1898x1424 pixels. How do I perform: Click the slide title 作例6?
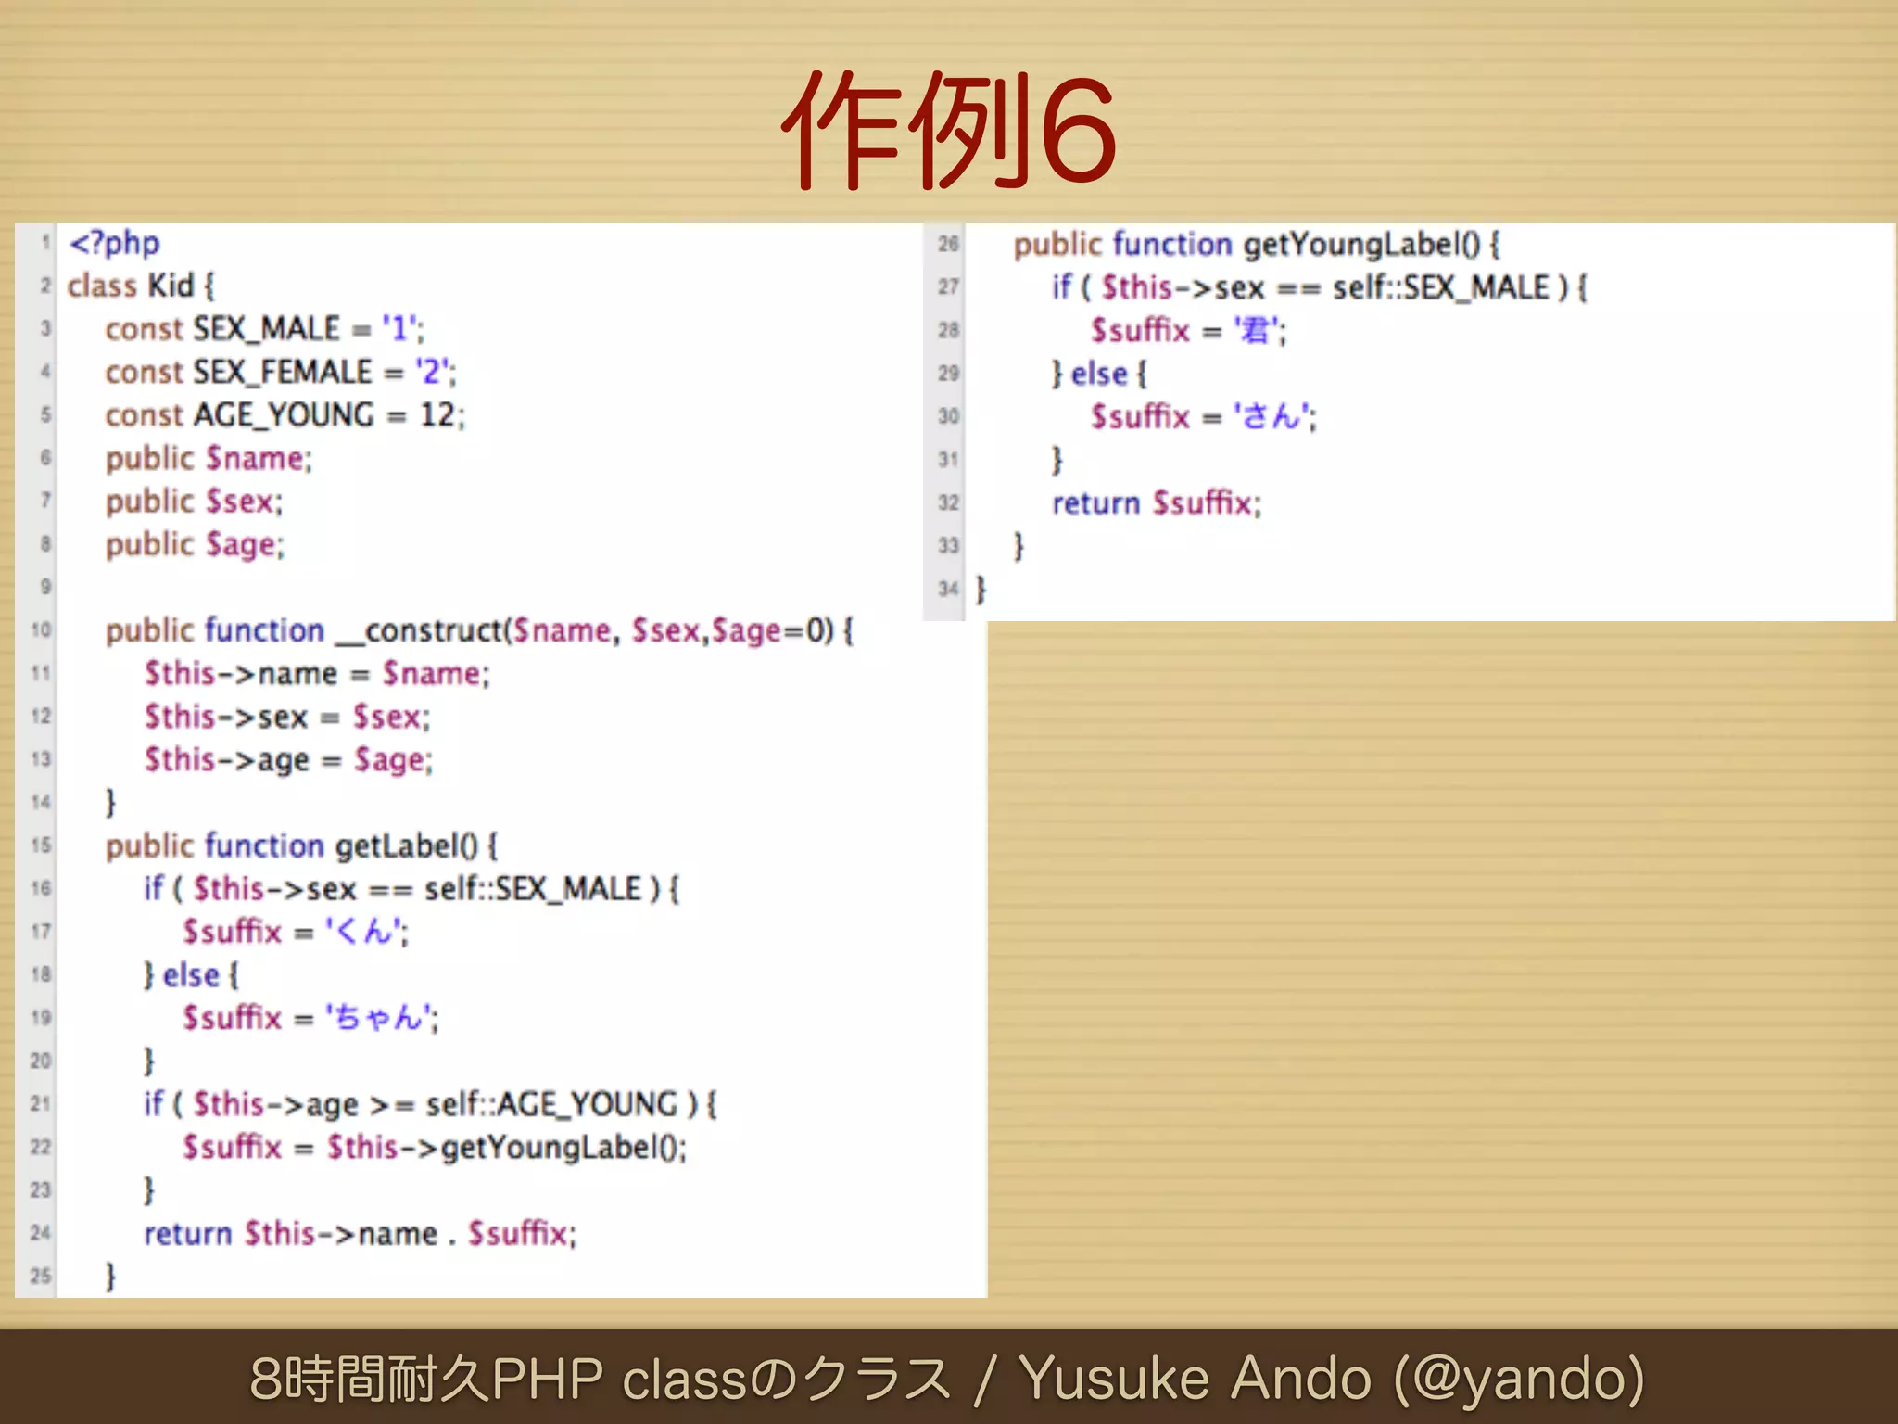click(x=949, y=130)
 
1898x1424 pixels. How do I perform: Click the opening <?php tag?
click(x=115, y=243)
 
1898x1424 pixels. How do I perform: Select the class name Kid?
click(x=171, y=286)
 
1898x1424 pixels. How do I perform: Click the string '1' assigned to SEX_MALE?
click(x=400, y=329)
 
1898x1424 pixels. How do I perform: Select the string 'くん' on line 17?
click(x=365, y=931)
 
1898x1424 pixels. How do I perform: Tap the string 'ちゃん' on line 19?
click(x=380, y=1017)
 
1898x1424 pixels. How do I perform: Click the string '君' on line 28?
click(x=1256, y=330)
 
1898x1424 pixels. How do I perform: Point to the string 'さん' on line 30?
click(x=1272, y=416)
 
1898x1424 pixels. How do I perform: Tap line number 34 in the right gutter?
click(x=947, y=589)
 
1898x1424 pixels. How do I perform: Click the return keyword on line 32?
click(x=1095, y=502)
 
